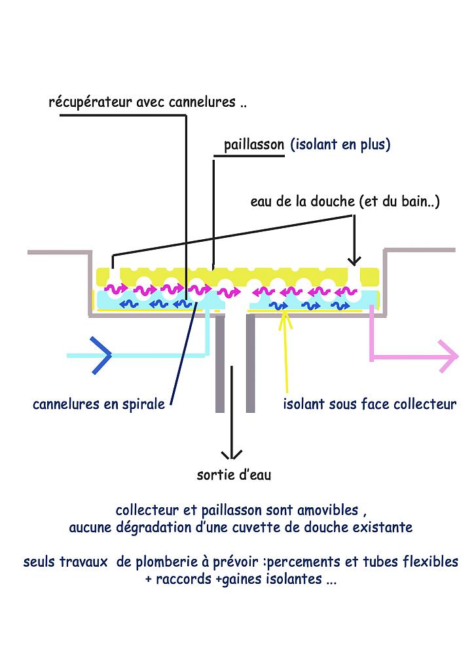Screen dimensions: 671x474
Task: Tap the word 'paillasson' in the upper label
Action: pyautogui.click(x=254, y=144)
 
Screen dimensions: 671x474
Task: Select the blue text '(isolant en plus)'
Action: pyautogui.click(x=340, y=144)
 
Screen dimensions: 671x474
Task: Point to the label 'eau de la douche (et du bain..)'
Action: pyautogui.click(x=345, y=202)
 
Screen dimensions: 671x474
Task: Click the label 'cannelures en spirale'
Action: pyautogui.click(x=99, y=404)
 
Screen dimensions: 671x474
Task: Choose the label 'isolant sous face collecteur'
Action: pyautogui.click(x=369, y=404)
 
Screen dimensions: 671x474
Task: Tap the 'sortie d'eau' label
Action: pyautogui.click(x=234, y=475)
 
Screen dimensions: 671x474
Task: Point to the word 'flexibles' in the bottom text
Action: pyautogui.click(x=431, y=562)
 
